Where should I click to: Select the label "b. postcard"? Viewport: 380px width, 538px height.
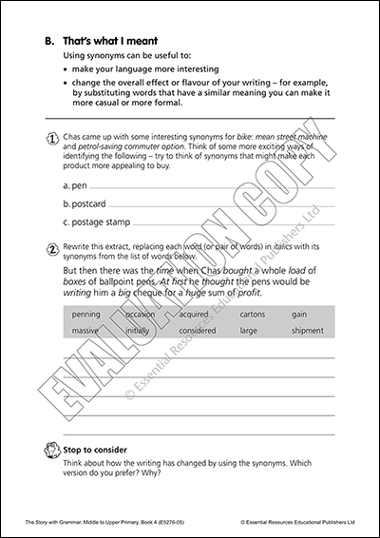(84, 203)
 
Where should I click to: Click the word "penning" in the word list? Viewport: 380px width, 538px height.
(85, 314)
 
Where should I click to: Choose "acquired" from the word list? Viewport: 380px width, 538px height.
(195, 314)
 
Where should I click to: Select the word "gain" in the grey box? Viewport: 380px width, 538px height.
(299, 314)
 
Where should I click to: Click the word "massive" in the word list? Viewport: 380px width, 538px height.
(85, 330)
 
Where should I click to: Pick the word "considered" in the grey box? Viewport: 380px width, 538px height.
(199, 330)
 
